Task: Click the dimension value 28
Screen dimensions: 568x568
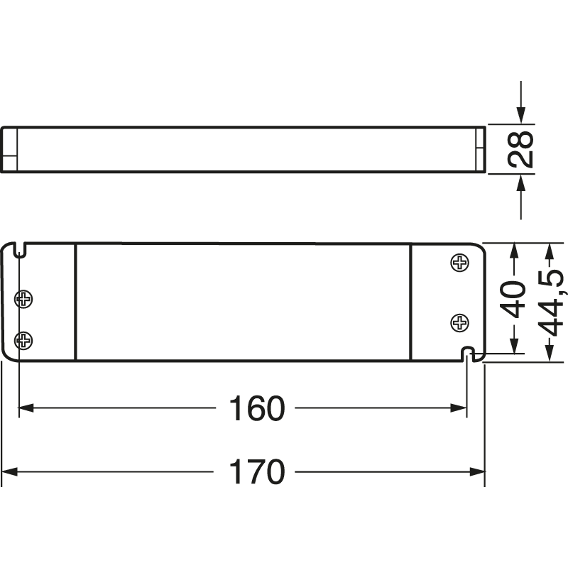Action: [x=524, y=150]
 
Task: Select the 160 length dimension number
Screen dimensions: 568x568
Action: [x=256, y=408]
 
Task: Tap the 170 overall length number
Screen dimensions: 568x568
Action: [x=256, y=471]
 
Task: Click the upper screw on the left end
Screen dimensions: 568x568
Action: [x=24, y=299]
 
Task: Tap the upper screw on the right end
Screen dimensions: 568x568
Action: [x=460, y=263]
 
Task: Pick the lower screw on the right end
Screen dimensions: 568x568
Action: [x=460, y=324]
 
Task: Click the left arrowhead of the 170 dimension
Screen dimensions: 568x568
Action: [x=10, y=471]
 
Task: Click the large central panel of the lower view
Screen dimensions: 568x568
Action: [x=243, y=302]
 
